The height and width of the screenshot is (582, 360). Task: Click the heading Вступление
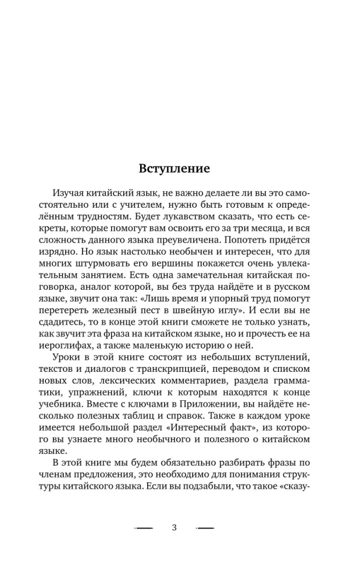174,169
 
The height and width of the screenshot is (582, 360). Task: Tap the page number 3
174,527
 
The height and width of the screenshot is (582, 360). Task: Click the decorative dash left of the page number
144,528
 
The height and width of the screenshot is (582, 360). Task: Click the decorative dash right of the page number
205,528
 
